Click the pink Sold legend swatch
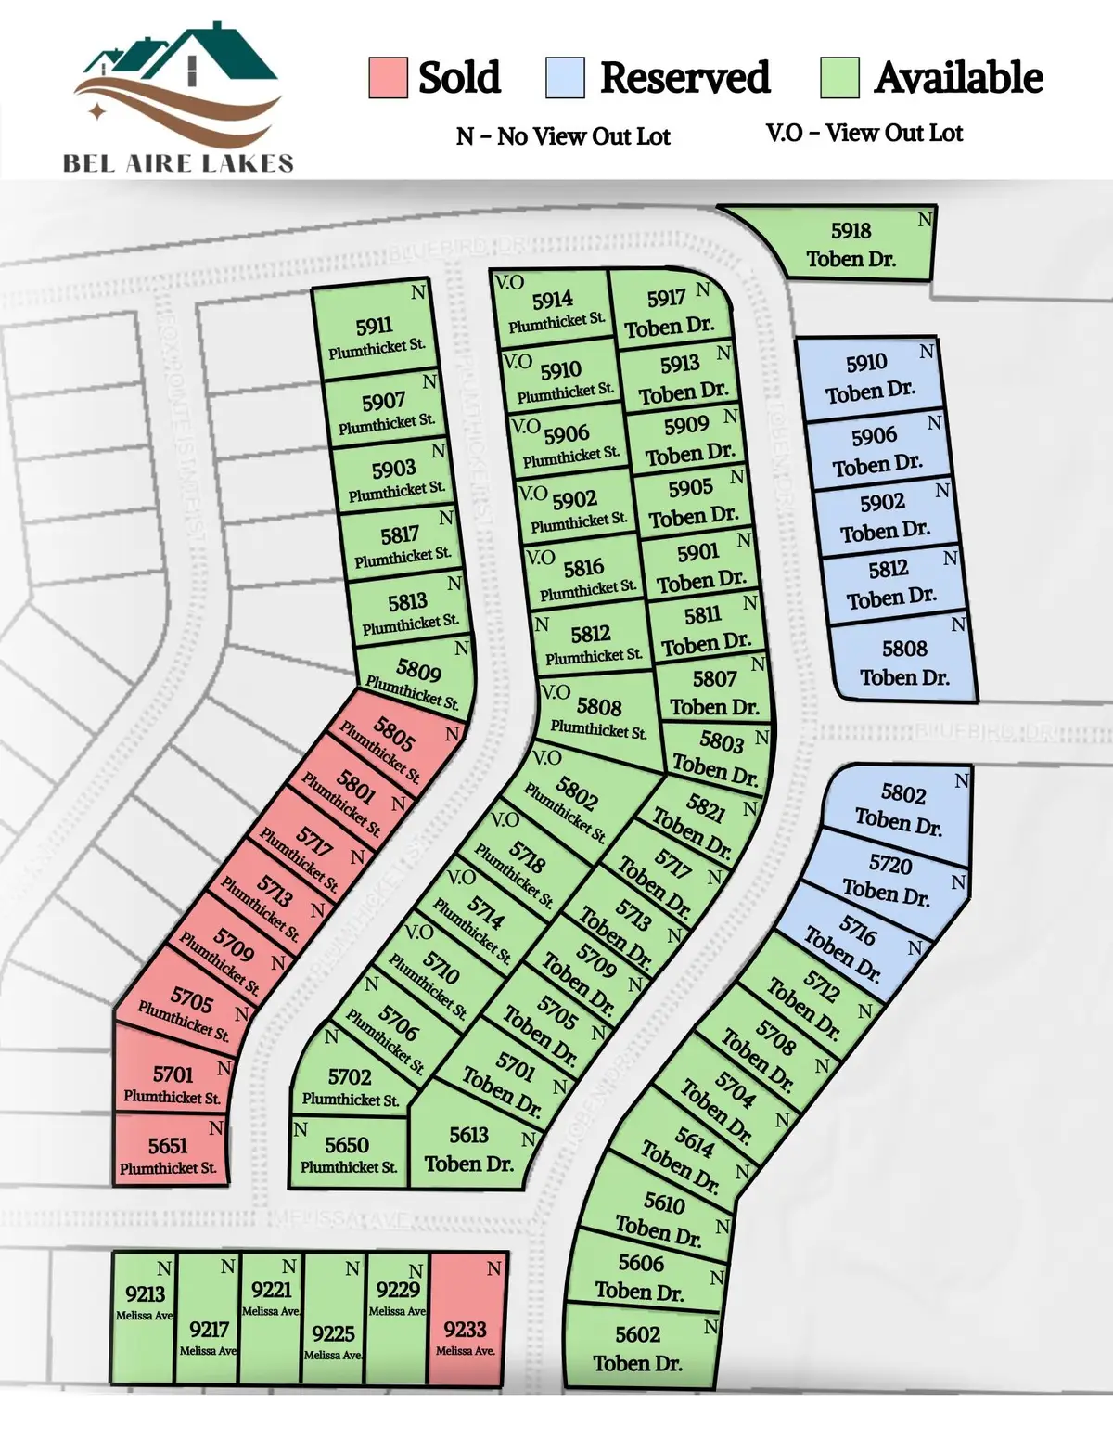click(388, 78)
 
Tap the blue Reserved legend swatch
click(565, 78)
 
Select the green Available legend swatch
click(839, 78)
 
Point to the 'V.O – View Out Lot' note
click(864, 134)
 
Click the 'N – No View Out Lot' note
click(563, 136)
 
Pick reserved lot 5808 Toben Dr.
click(904, 662)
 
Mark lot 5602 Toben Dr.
click(638, 1347)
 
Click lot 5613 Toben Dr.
click(468, 1149)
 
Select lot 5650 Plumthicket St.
click(348, 1153)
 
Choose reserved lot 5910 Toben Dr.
click(868, 376)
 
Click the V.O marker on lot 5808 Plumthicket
click(555, 692)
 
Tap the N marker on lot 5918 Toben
click(925, 220)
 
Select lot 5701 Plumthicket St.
click(173, 1083)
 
